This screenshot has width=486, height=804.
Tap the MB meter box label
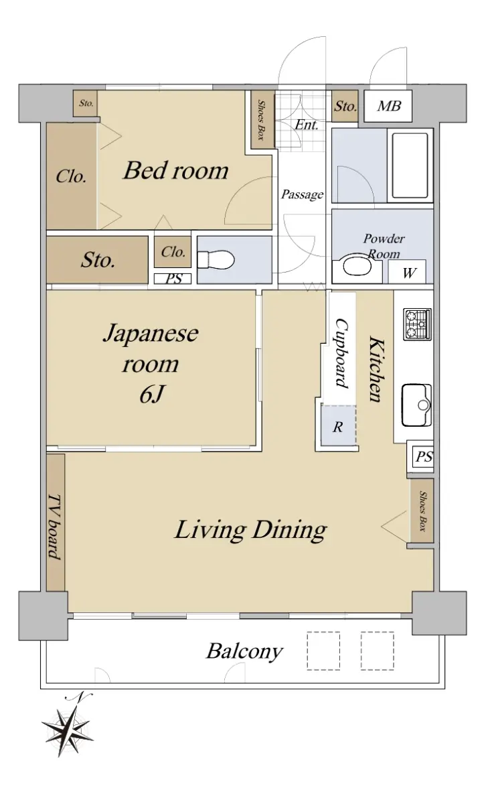pos(389,107)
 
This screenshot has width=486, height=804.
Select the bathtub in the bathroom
pos(410,165)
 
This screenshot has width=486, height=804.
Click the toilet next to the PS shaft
pos(216,259)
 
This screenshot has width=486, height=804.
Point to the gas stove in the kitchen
pos(418,324)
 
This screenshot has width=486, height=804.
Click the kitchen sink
pos(416,405)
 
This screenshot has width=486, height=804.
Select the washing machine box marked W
pos(408,272)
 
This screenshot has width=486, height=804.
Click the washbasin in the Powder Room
pos(357,269)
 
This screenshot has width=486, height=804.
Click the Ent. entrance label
pos(307,125)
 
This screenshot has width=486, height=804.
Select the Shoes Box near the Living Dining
pos(422,511)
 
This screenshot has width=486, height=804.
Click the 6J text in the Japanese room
pos(152,395)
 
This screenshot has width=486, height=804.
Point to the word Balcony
pos(244,651)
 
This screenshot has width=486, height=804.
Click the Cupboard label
pos(342,353)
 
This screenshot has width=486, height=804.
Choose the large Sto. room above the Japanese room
pos(98,259)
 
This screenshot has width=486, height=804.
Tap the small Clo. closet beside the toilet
pos(173,252)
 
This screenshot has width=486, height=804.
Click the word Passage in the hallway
pos(302,194)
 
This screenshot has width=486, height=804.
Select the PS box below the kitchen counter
pos(424,456)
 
